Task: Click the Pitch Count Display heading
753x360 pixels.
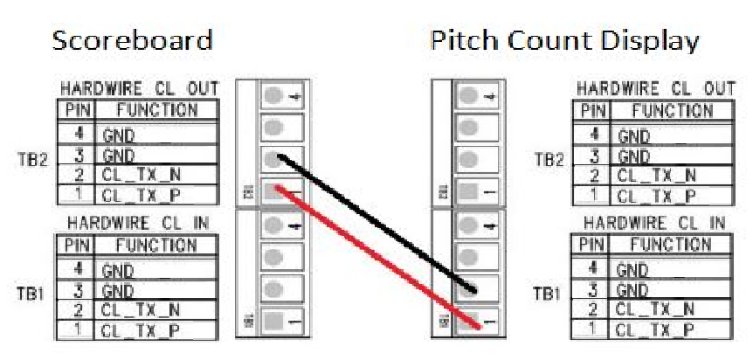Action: coord(564,41)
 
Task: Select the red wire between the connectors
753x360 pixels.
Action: coord(376,257)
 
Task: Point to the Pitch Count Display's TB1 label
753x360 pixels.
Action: coord(549,294)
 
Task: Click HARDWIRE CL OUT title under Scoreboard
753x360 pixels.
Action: coord(139,89)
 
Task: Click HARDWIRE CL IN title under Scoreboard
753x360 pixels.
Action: coord(139,223)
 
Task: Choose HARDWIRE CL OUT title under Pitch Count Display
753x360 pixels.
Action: coord(656,89)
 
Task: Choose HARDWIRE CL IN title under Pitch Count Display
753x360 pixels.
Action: coord(656,223)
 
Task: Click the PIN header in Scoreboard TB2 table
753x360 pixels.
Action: coord(73,111)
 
